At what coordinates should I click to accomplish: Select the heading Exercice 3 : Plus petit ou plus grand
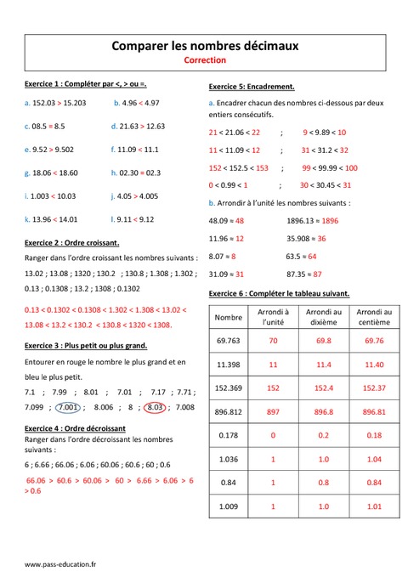pos(86,346)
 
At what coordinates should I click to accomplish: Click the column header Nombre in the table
pos(229,318)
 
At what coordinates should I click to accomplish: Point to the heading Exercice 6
pos(279,293)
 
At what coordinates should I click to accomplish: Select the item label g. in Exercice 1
pos(28,173)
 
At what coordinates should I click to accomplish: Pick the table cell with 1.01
pos(375,506)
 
